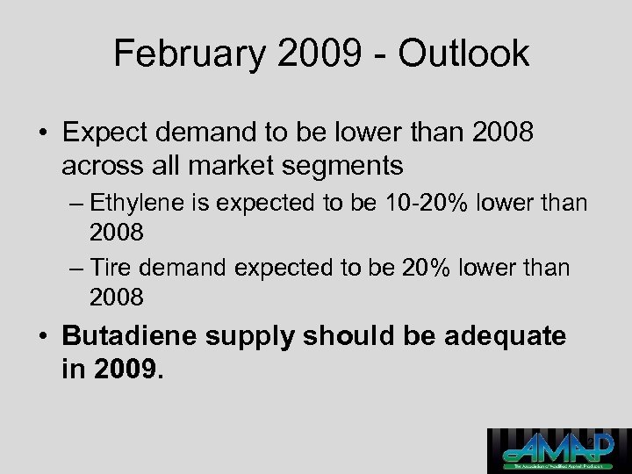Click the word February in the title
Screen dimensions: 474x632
click(187, 54)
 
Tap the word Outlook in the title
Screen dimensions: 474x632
click(463, 54)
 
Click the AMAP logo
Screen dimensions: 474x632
click(559, 450)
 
